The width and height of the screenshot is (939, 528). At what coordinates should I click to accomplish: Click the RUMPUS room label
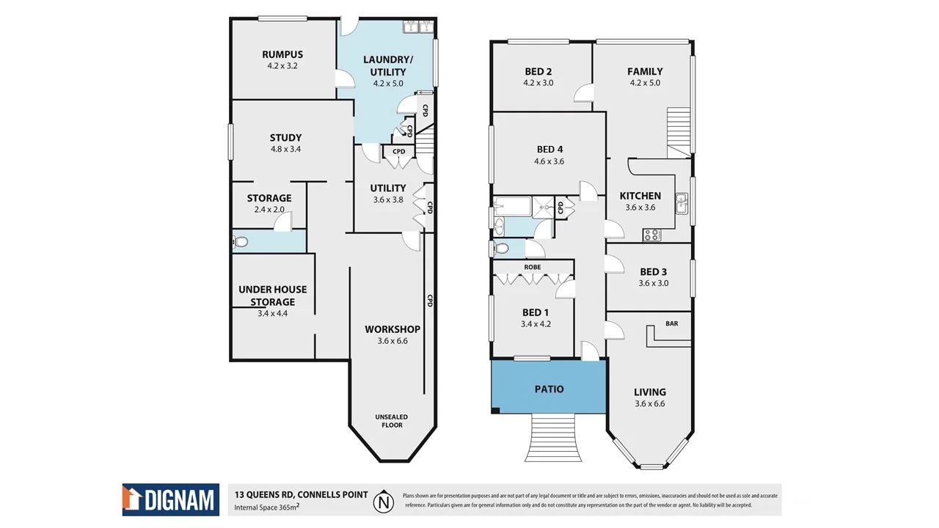(282, 54)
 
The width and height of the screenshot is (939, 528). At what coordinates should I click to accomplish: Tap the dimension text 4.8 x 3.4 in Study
(285, 149)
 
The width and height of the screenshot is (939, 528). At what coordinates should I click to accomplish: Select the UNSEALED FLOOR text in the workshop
(392, 421)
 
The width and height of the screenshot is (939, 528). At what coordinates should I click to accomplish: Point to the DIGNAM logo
(171, 500)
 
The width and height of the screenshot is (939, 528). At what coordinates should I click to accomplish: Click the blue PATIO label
(549, 389)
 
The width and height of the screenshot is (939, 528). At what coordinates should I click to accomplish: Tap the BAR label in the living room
(671, 323)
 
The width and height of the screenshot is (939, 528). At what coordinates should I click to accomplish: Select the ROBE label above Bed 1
(533, 267)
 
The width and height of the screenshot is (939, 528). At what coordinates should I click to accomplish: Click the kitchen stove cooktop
(651, 235)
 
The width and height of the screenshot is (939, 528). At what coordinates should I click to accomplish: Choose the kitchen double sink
(682, 202)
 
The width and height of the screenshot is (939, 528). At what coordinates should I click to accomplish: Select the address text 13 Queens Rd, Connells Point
(301, 494)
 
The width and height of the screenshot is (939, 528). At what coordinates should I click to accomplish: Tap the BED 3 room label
(653, 272)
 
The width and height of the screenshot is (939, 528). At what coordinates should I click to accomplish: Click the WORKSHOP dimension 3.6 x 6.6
(392, 340)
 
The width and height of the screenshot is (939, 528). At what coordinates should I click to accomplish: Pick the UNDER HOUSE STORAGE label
(272, 296)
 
